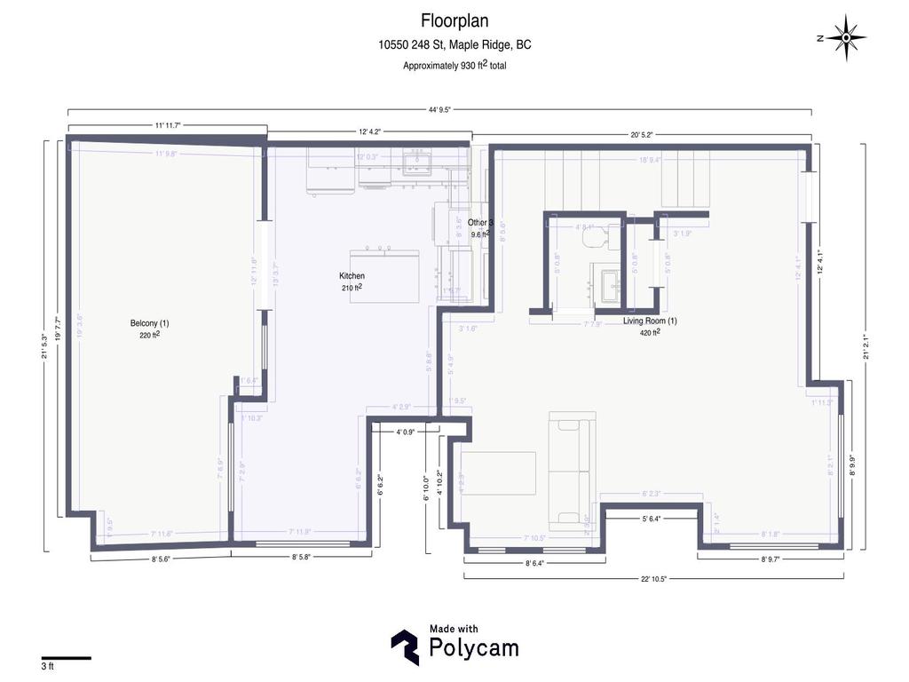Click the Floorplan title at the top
(x=454, y=20)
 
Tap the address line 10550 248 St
(x=454, y=44)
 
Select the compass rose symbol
(x=850, y=37)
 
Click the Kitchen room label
(x=352, y=276)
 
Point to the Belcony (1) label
(x=149, y=323)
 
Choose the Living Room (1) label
(x=650, y=321)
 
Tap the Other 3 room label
(x=480, y=222)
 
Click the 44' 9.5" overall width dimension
(x=439, y=110)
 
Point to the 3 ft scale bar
(x=66, y=658)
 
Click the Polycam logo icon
(x=406, y=647)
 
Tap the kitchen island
(x=384, y=275)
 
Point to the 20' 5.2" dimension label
(x=641, y=135)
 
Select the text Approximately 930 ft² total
(x=454, y=65)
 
